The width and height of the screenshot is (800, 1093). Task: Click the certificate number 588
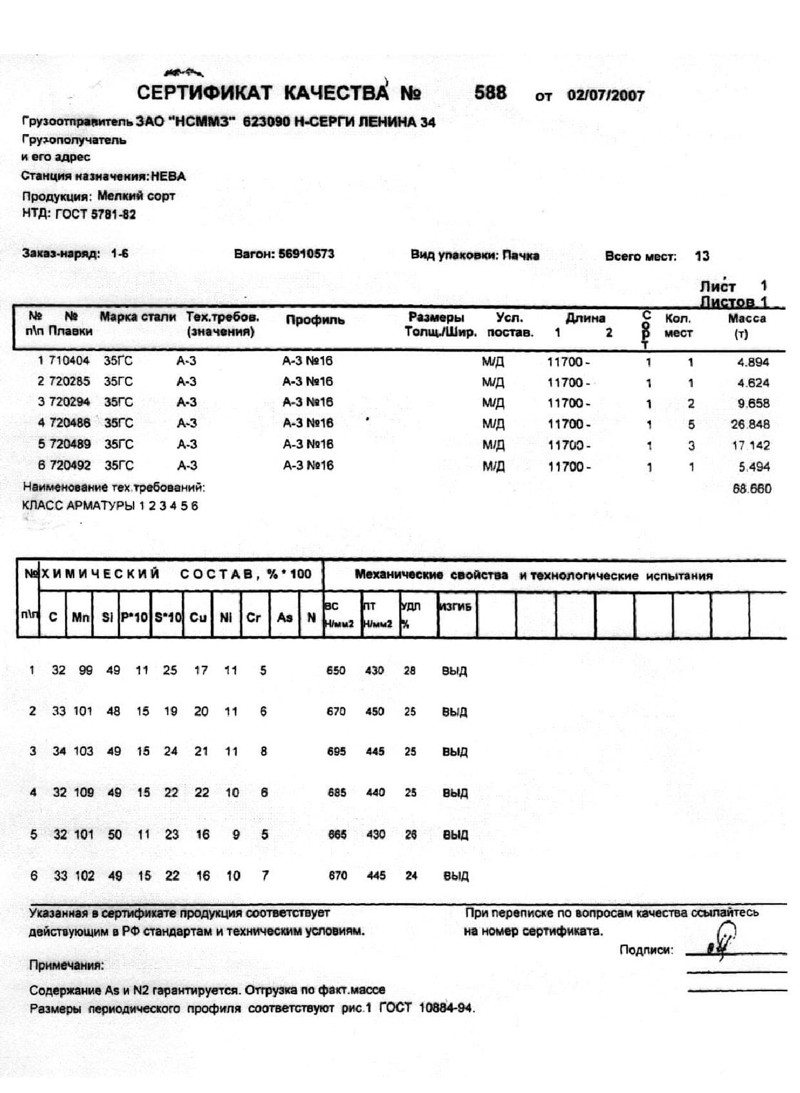pos(490,92)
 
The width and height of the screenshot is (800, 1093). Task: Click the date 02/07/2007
pos(606,95)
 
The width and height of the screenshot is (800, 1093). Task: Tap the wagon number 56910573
pos(306,254)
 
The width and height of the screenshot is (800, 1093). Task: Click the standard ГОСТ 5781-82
pos(95,214)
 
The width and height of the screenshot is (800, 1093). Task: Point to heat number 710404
pos(69,361)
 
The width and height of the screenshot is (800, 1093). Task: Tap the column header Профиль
pos(315,320)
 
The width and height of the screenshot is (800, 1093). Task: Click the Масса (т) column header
pos(746,325)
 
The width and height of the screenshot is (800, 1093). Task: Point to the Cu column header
pos(198,617)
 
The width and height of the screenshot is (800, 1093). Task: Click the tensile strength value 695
pos(336,752)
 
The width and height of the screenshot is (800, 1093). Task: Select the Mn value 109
pos(83,792)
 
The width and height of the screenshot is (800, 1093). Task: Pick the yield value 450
pos(375,711)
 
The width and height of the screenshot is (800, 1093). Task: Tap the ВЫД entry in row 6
pos(455,876)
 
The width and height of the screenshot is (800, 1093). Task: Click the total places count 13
pos(702,256)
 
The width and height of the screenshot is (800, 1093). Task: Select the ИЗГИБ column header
pos(455,607)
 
